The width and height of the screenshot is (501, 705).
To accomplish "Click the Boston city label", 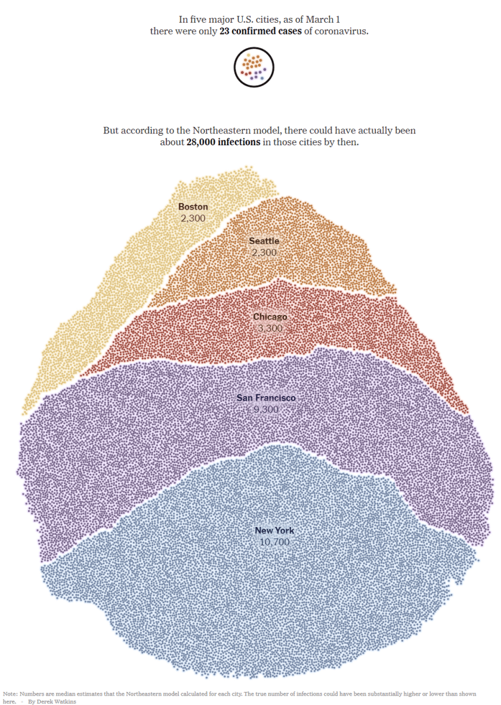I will click(193, 207).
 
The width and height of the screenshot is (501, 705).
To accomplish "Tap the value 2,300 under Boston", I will click(193, 218).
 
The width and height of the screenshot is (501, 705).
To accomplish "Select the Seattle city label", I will click(264, 241).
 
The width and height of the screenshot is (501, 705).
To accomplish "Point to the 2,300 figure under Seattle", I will click(264, 252).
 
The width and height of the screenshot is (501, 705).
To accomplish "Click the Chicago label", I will click(270, 317).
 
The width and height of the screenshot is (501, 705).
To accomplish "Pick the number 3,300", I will click(270, 328).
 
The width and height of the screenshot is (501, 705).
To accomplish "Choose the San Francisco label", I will click(266, 398).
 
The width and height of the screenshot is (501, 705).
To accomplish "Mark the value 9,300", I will click(266, 409).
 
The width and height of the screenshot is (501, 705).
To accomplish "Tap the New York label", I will click(274, 531).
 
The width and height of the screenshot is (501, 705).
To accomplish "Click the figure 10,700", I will click(274, 542).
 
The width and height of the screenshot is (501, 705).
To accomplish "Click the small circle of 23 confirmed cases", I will click(253, 68).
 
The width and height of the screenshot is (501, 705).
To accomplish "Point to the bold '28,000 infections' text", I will click(223, 142).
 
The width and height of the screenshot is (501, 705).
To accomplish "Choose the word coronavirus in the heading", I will click(342, 30).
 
